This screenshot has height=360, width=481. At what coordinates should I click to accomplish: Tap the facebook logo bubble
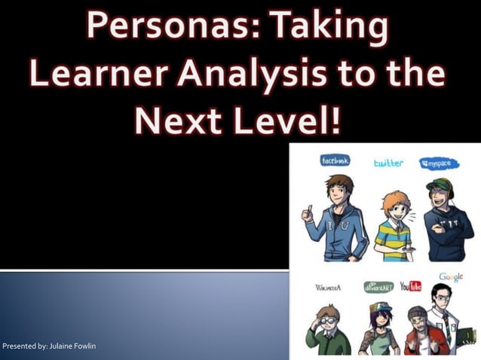(x=335, y=161)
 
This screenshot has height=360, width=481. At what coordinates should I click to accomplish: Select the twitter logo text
(x=388, y=163)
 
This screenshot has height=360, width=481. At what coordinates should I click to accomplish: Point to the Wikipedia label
(x=329, y=287)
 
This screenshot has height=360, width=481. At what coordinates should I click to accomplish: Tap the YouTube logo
(x=411, y=286)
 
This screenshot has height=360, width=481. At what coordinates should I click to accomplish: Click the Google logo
(x=451, y=277)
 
